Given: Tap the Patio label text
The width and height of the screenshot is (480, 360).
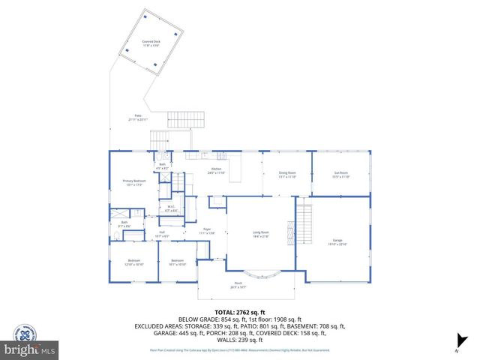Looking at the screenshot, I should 138,117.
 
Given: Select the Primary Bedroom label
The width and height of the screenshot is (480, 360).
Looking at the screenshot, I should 134,182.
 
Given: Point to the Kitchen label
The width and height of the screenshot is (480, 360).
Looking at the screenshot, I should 216,171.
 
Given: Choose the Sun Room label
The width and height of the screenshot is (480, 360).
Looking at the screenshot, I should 341,175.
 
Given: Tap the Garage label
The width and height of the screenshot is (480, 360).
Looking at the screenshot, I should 337,241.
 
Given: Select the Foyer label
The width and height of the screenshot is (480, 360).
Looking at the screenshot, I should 206,231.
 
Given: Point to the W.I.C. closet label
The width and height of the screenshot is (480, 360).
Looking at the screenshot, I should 171,210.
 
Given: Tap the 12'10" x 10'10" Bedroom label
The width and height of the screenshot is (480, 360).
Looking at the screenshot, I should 133,262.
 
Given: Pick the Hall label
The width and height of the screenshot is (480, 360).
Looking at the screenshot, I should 162,235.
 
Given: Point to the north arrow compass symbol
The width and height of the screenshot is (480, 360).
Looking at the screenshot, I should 457,347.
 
